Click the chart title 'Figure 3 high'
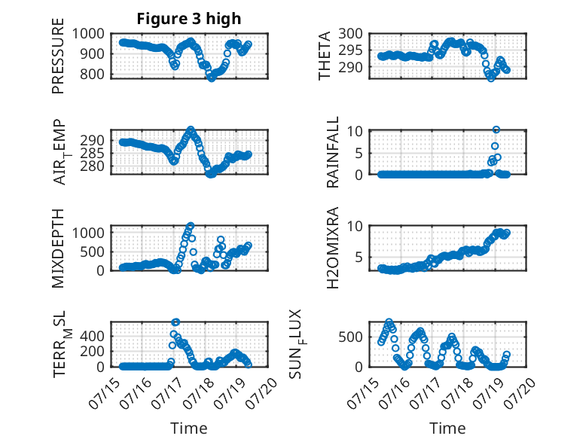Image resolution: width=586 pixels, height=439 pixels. coord(189,19)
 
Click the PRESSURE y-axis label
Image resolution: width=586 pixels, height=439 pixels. coord(58,56)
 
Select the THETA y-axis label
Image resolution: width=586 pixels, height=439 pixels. coord(325,56)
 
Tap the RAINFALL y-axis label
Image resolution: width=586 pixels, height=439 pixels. coord(332,152)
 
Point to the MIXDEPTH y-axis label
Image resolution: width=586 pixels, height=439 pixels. coord(58,248)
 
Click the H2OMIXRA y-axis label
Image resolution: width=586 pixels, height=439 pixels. coord(332,248)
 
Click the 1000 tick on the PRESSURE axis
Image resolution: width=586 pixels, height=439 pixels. coord(88,34)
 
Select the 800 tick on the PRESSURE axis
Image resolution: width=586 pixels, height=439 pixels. coord(92,74)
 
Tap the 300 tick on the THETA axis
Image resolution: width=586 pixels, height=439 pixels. coord(350,34)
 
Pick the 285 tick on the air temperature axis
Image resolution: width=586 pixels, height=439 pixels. coord(92,153)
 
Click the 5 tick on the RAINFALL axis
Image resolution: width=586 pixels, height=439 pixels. coord(359,153)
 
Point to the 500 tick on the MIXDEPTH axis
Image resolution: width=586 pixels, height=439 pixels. coord(92,252)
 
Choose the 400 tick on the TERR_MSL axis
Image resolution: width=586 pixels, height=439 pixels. coord(92,337)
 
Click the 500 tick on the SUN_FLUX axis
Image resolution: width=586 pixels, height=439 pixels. coord(350,337)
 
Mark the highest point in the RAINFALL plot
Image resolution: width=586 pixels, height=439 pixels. coord(496,130)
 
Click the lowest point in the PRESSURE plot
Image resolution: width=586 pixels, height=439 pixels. coord(212,78)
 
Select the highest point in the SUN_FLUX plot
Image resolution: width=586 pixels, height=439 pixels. coord(389,322)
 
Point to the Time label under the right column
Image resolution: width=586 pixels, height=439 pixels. coord(447,428)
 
